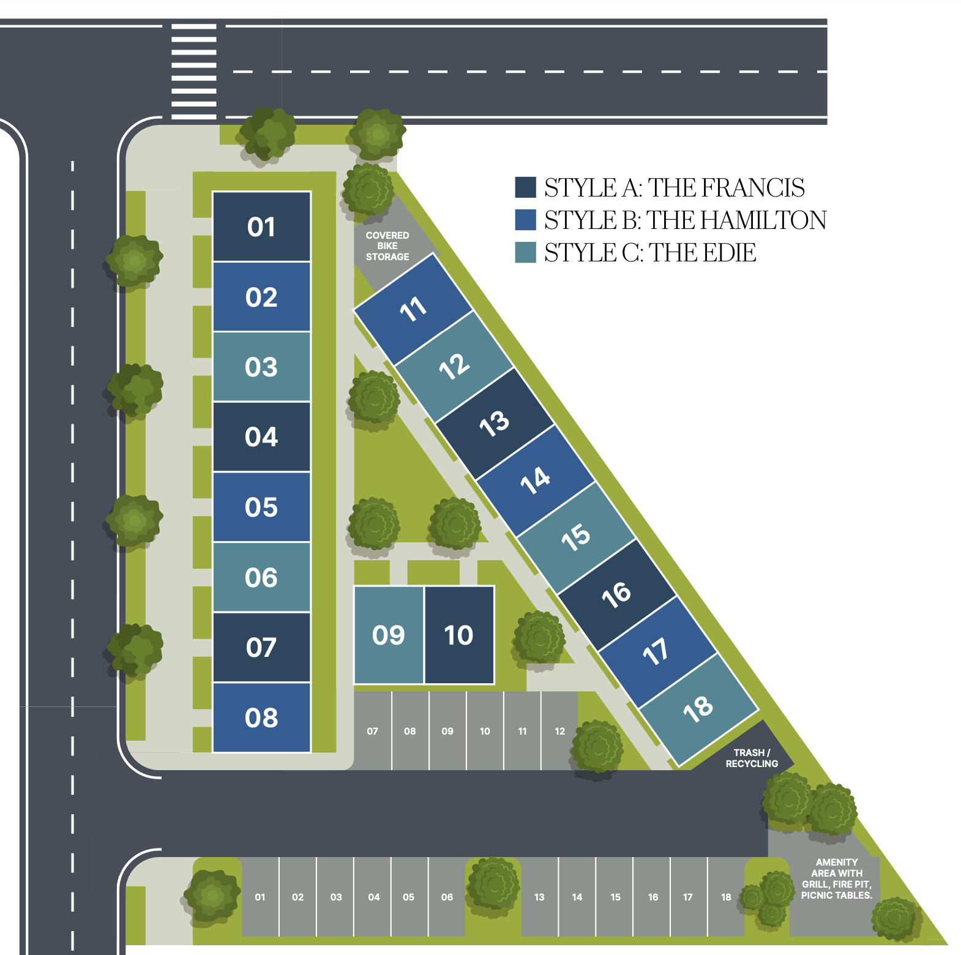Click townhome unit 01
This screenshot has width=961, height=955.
[x=261, y=227]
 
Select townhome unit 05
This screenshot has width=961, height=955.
[x=261, y=507]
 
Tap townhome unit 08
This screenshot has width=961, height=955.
[x=261, y=717]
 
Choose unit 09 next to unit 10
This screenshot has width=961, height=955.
[x=389, y=635]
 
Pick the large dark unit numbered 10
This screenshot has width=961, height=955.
[x=459, y=635]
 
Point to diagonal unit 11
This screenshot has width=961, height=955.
[x=413, y=309]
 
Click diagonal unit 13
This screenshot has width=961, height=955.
[x=495, y=423]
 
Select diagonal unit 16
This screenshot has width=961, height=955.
[x=616, y=594]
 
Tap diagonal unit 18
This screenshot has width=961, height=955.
[x=698, y=708]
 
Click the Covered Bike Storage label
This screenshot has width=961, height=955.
[x=387, y=246]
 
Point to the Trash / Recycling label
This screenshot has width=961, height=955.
[x=752, y=758]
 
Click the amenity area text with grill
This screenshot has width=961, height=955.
[x=836, y=878]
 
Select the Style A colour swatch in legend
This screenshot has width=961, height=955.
[x=525, y=187]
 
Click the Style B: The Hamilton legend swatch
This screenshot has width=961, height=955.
[x=525, y=220]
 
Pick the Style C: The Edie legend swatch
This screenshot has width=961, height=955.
[x=525, y=252]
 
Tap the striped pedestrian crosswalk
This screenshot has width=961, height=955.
[x=194, y=71]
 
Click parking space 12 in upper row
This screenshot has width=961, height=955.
[x=559, y=731]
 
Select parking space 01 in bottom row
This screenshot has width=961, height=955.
[x=260, y=897]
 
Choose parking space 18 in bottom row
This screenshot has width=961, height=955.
[x=726, y=897]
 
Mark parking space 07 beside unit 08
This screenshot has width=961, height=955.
[x=372, y=731]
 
